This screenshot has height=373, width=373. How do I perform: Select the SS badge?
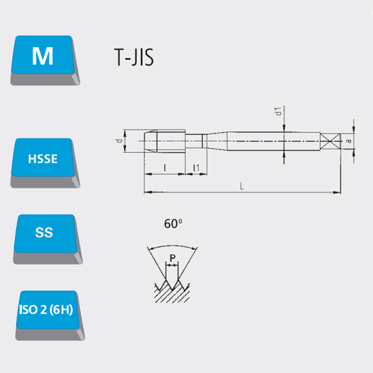(47, 239)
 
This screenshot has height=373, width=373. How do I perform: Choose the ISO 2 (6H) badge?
(49, 315)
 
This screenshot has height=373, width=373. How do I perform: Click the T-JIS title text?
(134, 57)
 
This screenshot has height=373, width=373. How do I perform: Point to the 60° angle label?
(173, 224)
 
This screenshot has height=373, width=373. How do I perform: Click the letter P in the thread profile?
(173, 258)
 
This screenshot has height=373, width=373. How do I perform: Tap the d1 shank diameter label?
(278, 111)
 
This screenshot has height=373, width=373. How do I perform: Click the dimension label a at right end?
(349, 141)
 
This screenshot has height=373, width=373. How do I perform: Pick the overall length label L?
(242, 186)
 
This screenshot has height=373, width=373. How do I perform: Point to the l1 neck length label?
(196, 168)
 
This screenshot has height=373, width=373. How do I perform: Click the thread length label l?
(165, 168)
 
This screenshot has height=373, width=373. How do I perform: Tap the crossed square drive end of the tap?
(330, 141)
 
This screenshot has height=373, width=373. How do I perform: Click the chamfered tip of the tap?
(150, 141)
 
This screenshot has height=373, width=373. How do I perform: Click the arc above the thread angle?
(173, 246)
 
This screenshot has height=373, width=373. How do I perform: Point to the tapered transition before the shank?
(217, 141)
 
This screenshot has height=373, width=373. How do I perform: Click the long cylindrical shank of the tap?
(274, 141)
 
